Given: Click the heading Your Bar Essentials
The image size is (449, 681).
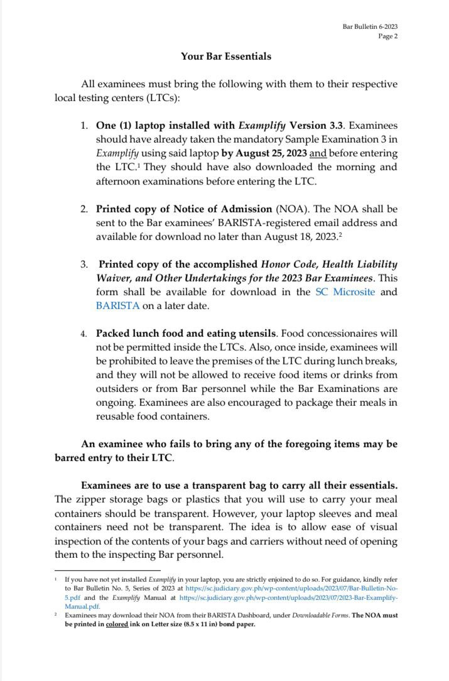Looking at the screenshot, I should (226, 57).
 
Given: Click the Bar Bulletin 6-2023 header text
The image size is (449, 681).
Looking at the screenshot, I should (370, 26).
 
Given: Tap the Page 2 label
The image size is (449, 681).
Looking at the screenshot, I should (387, 36).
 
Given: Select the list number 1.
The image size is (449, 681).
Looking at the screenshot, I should (84, 126).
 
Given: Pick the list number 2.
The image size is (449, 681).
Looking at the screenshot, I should (84, 209).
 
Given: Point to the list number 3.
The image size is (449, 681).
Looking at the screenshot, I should (84, 264).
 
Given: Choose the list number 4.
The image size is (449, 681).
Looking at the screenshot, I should (84, 334).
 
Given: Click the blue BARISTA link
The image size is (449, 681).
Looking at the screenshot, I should (117, 306).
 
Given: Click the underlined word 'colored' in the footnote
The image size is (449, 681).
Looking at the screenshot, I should (117, 624).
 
